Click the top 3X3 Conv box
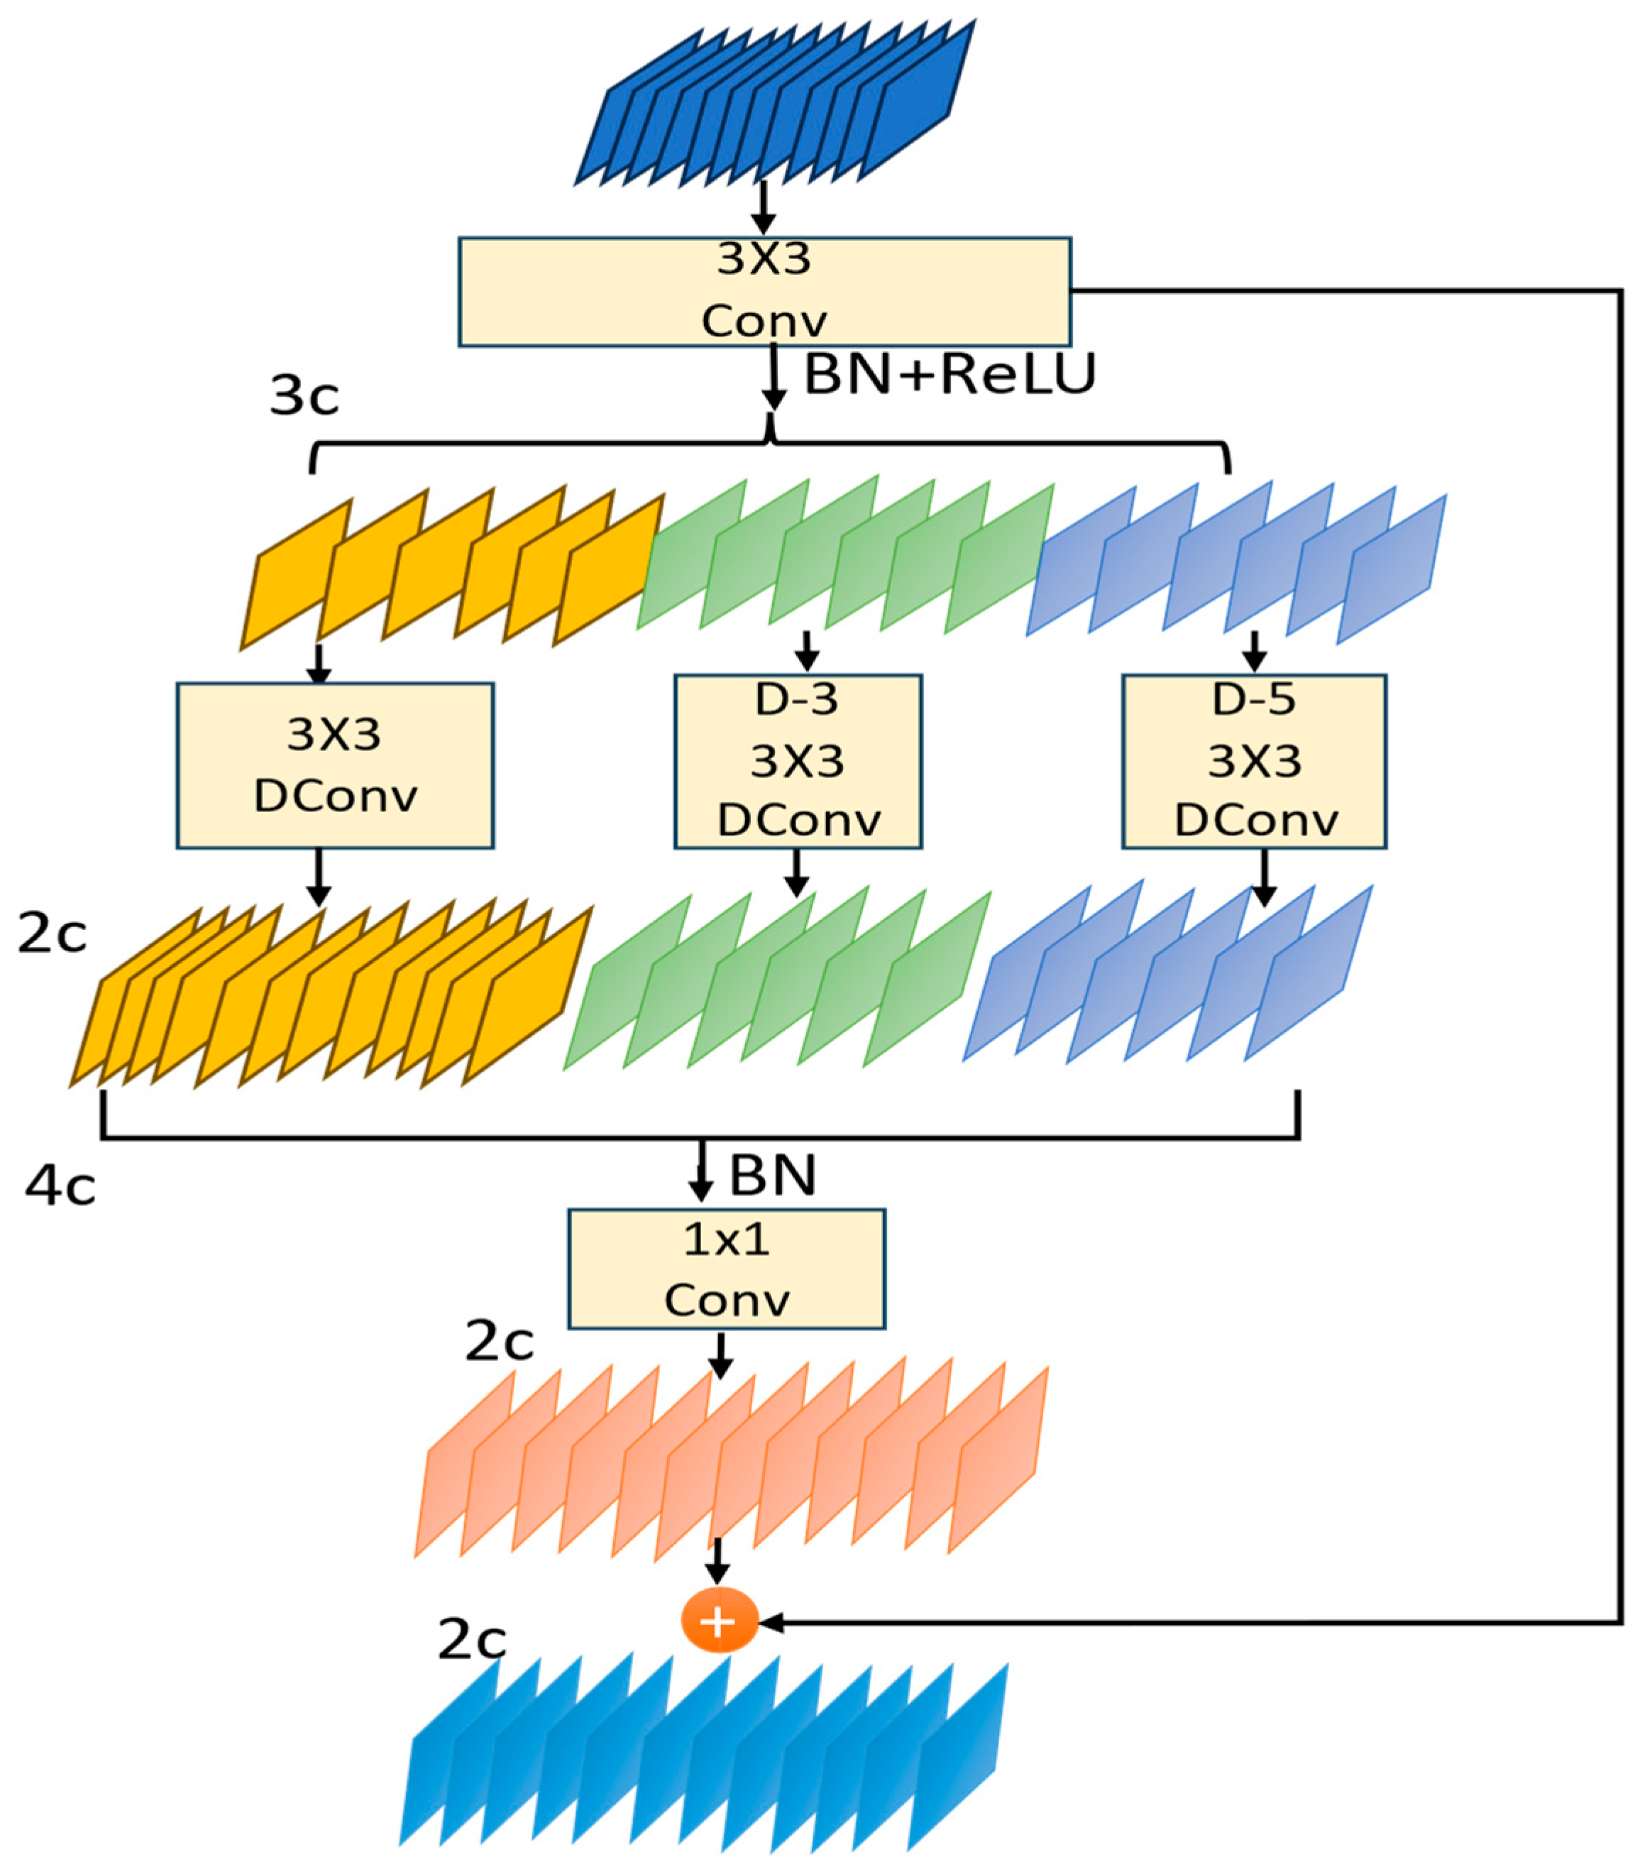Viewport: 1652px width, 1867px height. (764, 291)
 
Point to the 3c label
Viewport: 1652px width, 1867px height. (304, 396)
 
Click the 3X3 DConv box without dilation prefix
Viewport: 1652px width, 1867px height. (335, 765)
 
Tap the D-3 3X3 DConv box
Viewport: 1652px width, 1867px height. (797, 761)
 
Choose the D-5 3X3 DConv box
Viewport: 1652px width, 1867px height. (1253, 761)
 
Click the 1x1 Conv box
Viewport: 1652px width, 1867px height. (726, 1269)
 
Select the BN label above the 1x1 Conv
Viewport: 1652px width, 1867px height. (771, 1176)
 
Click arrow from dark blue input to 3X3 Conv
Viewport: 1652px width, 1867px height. (764, 208)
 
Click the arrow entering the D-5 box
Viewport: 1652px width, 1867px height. (1255, 650)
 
